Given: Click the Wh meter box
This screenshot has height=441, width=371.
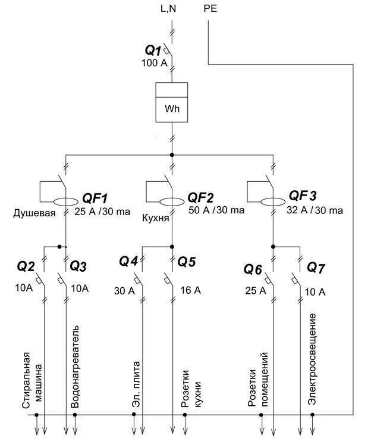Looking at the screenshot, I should click(171, 102).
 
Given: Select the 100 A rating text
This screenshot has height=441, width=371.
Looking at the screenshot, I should click(154, 63).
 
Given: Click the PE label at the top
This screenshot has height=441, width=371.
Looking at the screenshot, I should click(211, 8).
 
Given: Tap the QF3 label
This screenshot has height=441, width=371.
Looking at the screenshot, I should click(303, 196).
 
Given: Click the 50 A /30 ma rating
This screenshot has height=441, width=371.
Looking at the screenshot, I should click(216, 210).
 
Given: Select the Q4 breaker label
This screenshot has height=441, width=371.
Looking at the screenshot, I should click(128, 261).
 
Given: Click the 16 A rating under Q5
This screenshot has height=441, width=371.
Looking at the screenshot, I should click(191, 290).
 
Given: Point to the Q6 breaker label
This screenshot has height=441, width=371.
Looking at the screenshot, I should click(252, 269).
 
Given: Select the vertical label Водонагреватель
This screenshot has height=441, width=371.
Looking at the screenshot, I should click(75, 367).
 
